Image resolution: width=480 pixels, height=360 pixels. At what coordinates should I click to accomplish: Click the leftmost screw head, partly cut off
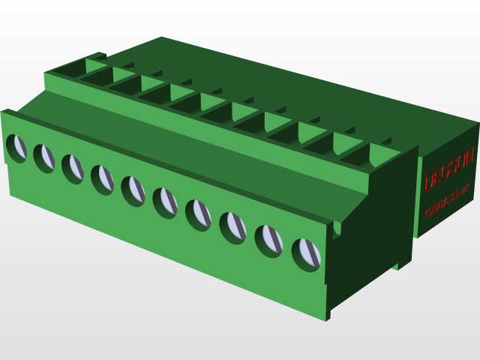click(15, 147)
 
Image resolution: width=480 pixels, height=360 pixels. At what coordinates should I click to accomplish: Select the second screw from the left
click(44, 157)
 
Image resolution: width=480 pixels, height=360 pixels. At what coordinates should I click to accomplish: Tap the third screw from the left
click(73, 168)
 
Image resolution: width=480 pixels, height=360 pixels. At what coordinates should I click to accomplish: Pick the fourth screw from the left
click(102, 178)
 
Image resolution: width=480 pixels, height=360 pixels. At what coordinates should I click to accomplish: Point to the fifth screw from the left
click(133, 190)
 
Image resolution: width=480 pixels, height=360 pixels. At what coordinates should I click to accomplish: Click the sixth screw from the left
click(164, 201)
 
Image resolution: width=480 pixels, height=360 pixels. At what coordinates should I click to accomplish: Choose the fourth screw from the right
click(198, 213)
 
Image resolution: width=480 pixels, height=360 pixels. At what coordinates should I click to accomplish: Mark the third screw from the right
click(232, 226)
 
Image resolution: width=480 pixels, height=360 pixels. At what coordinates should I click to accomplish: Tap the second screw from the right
click(268, 239)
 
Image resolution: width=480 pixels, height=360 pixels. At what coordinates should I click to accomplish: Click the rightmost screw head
click(306, 253)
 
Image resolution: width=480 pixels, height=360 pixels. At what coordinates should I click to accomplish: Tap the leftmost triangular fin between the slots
click(96, 65)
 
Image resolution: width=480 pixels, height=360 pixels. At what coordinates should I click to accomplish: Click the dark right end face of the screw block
click(367, 240)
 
